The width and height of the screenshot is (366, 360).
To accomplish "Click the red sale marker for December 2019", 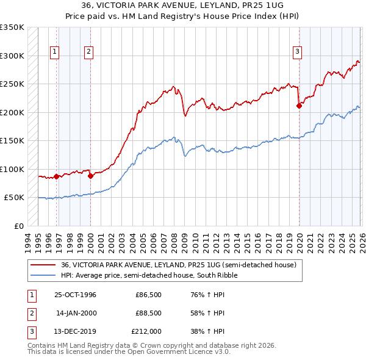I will click(299, 106).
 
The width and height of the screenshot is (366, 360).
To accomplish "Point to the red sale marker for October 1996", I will click(57, 176).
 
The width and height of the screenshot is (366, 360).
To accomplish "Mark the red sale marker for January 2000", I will click(90, 176).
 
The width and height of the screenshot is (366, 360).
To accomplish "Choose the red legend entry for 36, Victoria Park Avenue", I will click(178, 265).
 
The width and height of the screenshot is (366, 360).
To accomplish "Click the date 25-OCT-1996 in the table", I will click(75, 295).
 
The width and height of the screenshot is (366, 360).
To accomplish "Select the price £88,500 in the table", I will click(148, 313).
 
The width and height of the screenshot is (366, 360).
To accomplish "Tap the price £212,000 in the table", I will click(146, 331).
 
